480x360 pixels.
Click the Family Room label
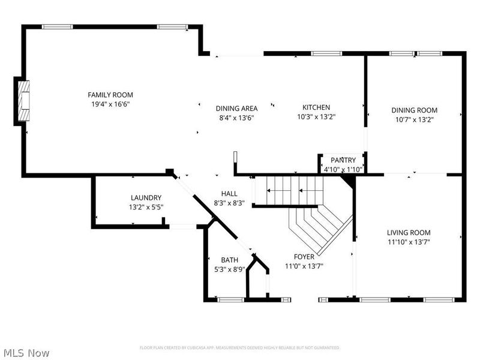coord(110,95)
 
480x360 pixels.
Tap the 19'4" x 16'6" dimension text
coord(110,104)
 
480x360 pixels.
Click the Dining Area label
coord(236,109)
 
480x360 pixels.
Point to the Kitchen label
coord(316,107)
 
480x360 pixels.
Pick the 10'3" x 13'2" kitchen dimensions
coord(317,116)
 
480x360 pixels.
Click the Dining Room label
coord(415,110)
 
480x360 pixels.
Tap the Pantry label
coord(343,160)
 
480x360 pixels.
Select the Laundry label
coord(146,198)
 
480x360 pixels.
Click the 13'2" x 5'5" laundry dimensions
coord(146,207)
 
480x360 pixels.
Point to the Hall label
coord(229,193)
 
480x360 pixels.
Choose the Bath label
coord(230,260)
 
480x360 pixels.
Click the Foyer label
coord(304,257)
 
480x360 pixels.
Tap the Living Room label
coord(409,233)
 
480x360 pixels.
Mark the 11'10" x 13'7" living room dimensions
coord(409,242)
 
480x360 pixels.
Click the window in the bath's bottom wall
coord(231,299)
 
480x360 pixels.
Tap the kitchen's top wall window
coord(326,53)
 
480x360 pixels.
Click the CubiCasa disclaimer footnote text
coord(239,348)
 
